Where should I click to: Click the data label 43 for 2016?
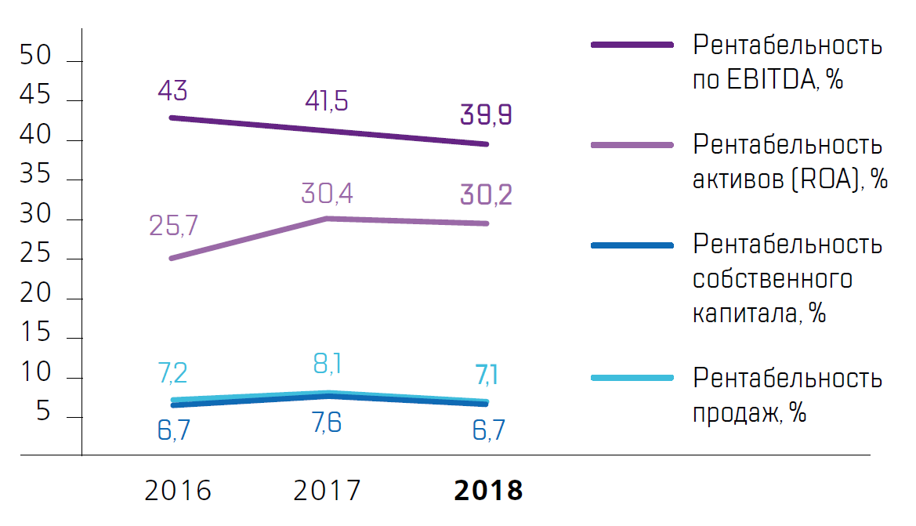tap(172, 91)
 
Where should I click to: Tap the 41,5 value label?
tap(327, 102)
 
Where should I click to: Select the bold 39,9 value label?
tap(487, 115)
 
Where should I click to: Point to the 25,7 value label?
tap(172, 226)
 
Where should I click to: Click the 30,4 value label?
tap(327, 193)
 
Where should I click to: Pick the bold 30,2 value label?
tap(487, 195)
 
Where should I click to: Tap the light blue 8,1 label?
tap(327, 364)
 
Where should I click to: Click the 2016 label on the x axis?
tap(179, 491)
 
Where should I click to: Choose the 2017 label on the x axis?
tap(328, 491)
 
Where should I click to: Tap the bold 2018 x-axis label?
tap(488, 491)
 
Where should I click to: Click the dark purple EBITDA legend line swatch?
tap(632, 45)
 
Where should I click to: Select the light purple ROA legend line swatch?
tap(632, 145)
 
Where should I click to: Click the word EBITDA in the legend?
tap(769, 79)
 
